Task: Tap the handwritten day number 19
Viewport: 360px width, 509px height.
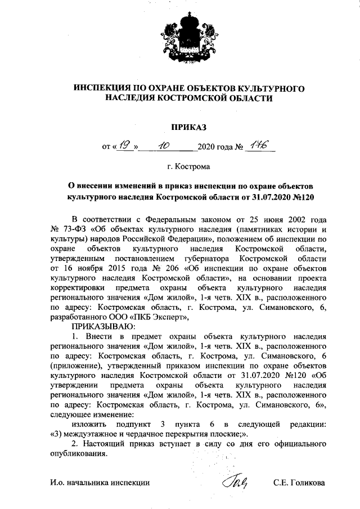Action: pos(125,145)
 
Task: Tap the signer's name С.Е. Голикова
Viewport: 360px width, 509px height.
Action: pos(299,483)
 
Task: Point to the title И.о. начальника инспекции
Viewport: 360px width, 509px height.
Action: pos(100,483)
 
